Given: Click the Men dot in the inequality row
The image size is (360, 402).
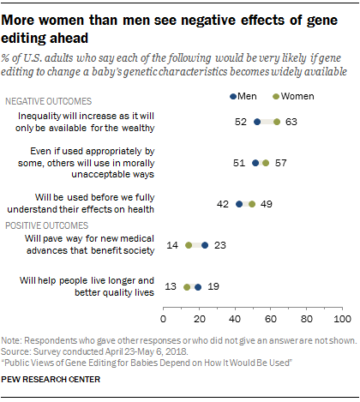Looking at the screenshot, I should click(257, 122).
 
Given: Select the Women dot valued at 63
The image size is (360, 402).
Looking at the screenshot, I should click(277, 122).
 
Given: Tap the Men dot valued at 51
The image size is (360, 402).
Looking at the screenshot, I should click(255, 162).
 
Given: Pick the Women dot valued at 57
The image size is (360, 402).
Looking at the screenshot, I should click(266, 162).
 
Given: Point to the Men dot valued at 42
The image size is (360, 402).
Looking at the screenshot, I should click(239, 204).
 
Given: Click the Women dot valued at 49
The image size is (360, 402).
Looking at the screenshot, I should click(252, 204).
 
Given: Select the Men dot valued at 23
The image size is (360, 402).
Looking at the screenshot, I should click(205, 245).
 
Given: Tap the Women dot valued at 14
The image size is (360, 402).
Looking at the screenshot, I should click(189, 245).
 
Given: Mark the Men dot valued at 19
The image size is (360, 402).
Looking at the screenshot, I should click(198, 287).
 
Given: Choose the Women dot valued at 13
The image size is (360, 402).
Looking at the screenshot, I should click(187, 287).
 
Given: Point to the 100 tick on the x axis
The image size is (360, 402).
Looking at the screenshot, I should click(342, 320).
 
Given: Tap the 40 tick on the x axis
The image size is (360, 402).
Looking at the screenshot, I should click(235, 320).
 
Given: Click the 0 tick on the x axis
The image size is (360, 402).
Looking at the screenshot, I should click(164, 320).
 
